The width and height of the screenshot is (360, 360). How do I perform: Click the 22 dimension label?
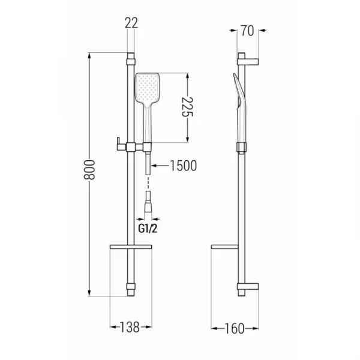click(x=131, y=23)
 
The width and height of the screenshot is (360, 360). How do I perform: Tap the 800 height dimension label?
click(x=89, y=170)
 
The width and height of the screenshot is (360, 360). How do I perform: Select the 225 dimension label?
click(x=187, y=107)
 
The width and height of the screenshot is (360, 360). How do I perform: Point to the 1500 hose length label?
click(x=183, y=166)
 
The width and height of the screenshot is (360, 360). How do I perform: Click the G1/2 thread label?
click(x=148, y=229)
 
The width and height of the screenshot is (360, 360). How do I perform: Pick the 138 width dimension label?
click(x=130, y=327)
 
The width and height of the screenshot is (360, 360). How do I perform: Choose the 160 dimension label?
click(x=234, y=329)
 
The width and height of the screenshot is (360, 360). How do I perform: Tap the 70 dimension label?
click(x=247, y=31)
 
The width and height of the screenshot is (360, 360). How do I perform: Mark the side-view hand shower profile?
click(x=239, y=108)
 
